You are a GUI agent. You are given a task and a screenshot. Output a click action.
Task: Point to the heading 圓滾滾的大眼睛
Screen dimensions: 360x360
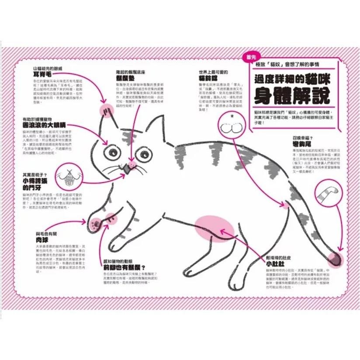pos(44,125)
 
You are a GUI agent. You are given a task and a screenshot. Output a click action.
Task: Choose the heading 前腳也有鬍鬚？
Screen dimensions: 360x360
pos(124,267)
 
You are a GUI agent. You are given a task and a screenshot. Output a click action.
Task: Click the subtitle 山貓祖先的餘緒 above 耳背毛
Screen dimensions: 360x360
pos(47,69)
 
